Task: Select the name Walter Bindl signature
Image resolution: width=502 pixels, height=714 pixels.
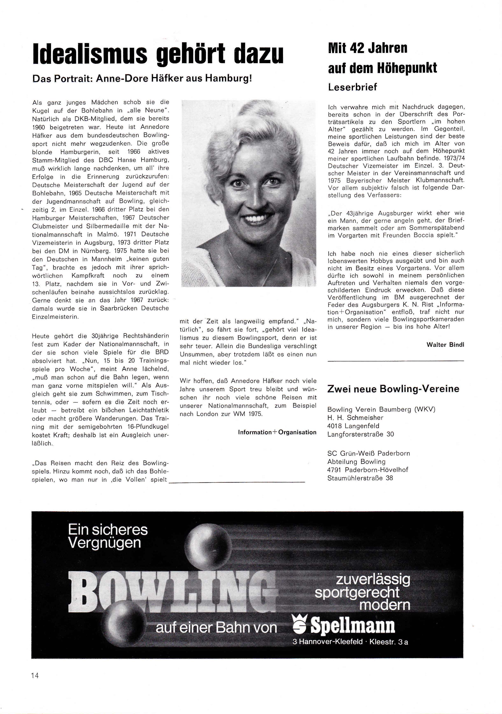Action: [x=445, y=345]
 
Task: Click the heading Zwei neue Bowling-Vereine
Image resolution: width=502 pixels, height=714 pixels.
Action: [x=393, y=389]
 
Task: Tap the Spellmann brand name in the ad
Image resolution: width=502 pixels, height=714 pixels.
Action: [x=353, y=626]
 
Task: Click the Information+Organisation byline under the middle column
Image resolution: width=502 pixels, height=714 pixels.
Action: [x=277, y=432]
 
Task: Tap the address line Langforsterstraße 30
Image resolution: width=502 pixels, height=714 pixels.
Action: [x=360, y=434]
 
